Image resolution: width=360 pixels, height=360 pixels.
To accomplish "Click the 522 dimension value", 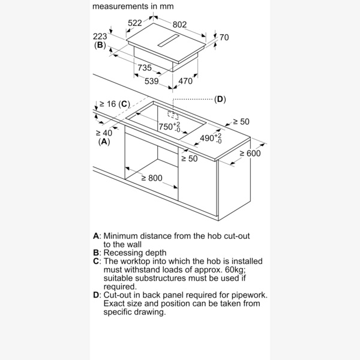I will pyautogui.click(x=135, y=23).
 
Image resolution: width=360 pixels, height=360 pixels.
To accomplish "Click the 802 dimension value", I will pyautogui.click(x=179, y=25).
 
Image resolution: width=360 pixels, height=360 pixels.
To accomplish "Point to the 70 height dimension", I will pyautogui.click(x=224, y=38).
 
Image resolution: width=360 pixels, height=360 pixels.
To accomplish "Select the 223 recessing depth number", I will pyautogui.click(x=100, y=36).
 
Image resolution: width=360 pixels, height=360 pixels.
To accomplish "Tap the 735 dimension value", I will pyautogui.click(x=144, y=68).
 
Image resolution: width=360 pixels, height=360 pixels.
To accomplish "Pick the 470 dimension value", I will pyautogui.click(x=185, y=81).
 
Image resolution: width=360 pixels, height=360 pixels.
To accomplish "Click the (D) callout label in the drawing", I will pyautogui.click(x=220, y=99).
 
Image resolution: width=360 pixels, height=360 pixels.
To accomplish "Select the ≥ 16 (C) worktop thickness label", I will pyautogui.click(x=113, y=104).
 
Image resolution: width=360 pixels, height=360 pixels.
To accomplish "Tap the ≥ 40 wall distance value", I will pyautogui.click(x=103, y=133).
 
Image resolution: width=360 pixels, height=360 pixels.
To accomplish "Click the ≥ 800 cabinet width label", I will pyautogui.click(x=152, y=178).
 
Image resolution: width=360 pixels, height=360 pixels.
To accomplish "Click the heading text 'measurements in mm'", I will pyautogui.click(x=133, y=7).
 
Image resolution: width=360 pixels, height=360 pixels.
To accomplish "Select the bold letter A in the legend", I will pyautogui.click(x=96, y=236).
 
